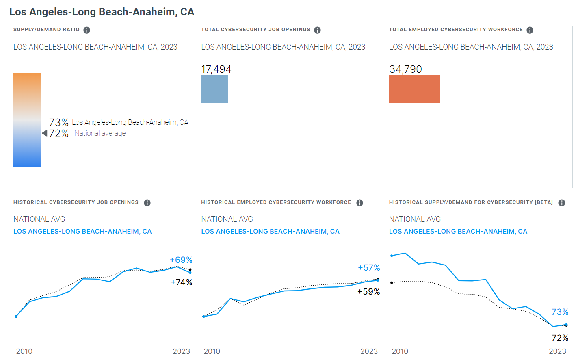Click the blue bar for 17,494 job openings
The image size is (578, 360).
pyautogui.click(x=214, y=89)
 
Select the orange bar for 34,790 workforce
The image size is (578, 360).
pyautogui.click(x=414, y=89)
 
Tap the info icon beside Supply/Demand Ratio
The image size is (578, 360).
pyautogui.click(x=87, y=30)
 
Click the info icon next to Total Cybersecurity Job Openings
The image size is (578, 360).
pyautogui.click(x=317, y=30)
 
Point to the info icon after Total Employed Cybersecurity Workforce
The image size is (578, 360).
pyautogui.click(x=530, y=30)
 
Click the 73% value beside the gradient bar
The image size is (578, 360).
pyautogui.click(x=59, y=122)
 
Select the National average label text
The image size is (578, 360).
pyautogui.click(x=100, y=133)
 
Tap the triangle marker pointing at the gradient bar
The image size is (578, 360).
pyautogui.click(x=45, y=133)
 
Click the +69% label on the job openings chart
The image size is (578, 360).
pyautogui.click(x=181, y=260)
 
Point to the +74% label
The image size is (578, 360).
pyautogui.click(x=181, y=282)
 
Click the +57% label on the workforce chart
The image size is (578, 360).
pyautogui.click(x=369, y=268)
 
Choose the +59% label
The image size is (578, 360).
pyautogui.click(x=368, y=292)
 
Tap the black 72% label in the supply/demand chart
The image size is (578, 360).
pyautogui.click(x=560, y=338)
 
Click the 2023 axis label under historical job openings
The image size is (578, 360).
pyautogui.click(x=181, y=351)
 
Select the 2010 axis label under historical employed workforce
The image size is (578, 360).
pyautogui.click(x=212, y=351)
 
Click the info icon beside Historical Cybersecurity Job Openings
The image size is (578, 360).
pyautogui.click(x=147, y=203)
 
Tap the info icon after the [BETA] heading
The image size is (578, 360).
pyautogui.click(x=562, y=203)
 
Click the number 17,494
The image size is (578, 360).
pyautogui.click(x=216, y=69)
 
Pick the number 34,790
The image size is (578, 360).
pyautogui.click(x=405, y=69)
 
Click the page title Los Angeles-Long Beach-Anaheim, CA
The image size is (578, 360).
pyautogui.click(x=102, y=12)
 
